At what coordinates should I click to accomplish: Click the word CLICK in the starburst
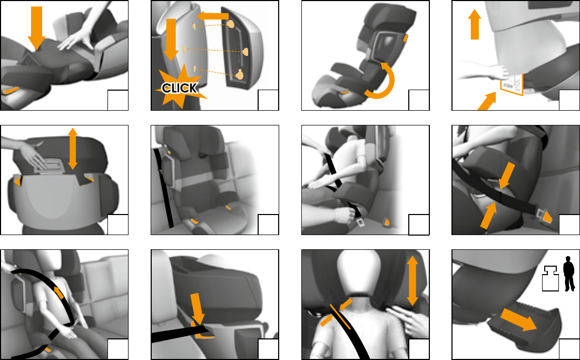click(180, 88)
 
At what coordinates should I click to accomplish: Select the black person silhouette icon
click(569, 274)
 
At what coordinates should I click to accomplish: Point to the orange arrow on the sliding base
click(518, 320)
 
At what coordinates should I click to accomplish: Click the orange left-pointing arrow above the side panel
click(212, 16)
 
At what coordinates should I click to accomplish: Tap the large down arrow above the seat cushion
click(36, 28)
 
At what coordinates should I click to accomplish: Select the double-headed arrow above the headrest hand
click(73, 148)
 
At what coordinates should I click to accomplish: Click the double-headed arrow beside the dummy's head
click(412, 281)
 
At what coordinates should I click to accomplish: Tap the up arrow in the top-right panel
click(475, 24)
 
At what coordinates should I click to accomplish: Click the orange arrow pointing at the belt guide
click(198, 310)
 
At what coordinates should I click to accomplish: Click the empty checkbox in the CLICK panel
click(268, 100)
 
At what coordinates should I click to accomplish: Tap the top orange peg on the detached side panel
click(231, 25)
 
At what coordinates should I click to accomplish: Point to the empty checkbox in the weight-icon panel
click(569, 349)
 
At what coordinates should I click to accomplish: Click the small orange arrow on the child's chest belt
click(58, 293)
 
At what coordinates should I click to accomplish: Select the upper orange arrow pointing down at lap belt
click(506, 175)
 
